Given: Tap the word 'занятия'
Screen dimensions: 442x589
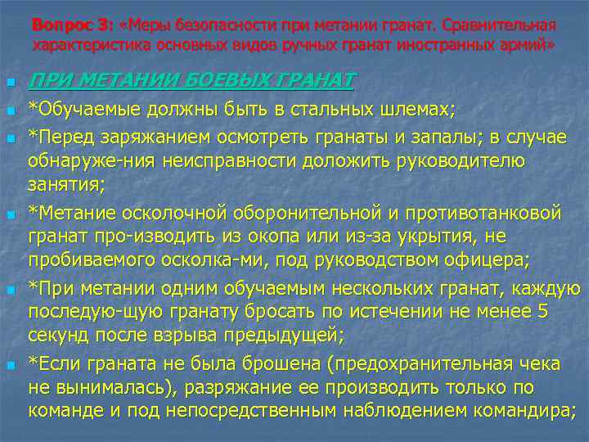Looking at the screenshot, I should coord(65,184).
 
